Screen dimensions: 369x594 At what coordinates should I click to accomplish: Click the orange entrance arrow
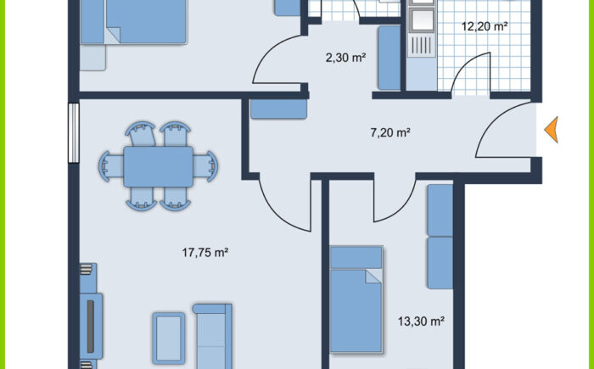[x=552, y=129]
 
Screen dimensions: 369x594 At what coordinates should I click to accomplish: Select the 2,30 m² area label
[x=345, y=58]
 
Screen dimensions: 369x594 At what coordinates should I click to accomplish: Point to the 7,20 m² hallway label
[x=390, y=132]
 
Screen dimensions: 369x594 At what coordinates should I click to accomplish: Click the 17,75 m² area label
[x=206, y=252]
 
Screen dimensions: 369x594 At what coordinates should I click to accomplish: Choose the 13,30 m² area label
[x=422, y=321]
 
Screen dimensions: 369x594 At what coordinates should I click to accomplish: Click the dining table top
[x=158, y=166]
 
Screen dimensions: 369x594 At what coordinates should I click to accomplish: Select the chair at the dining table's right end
[x=206, y=165]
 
